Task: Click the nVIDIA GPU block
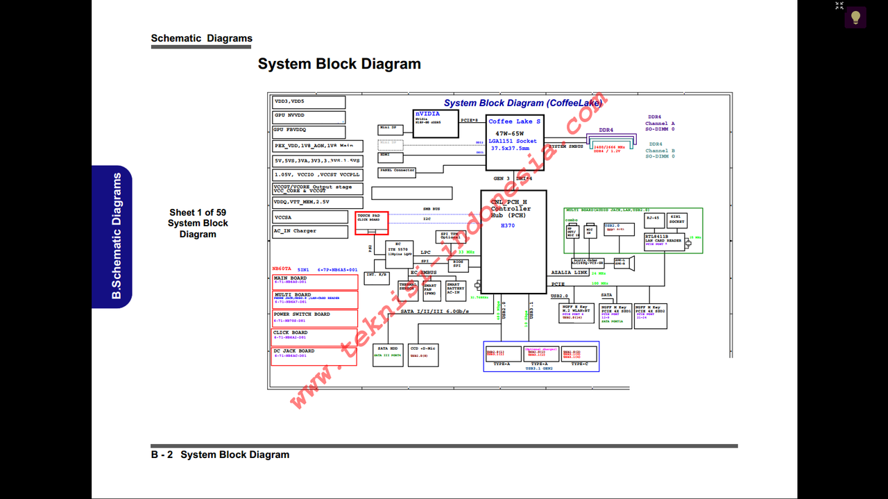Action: pos(435,123)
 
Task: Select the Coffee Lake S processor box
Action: pos(513,142)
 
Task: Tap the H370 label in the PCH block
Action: pos(509,226)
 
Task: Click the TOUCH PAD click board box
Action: pos(371,222)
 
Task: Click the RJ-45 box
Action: pos(653,219)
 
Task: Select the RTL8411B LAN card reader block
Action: pos(663,241)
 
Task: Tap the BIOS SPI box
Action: pos(458,265)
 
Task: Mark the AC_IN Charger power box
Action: pos(309,231)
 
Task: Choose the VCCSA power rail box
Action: pos(309,217)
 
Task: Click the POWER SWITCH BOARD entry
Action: pos(314,318)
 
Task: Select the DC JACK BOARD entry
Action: pos(314,355)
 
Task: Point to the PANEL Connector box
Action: pos(397,171)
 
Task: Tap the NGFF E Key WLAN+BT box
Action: pos(576,313)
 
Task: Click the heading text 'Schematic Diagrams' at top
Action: pos(201,39)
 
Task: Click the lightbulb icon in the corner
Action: pos(855,17)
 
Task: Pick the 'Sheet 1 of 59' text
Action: pos(198,212)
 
